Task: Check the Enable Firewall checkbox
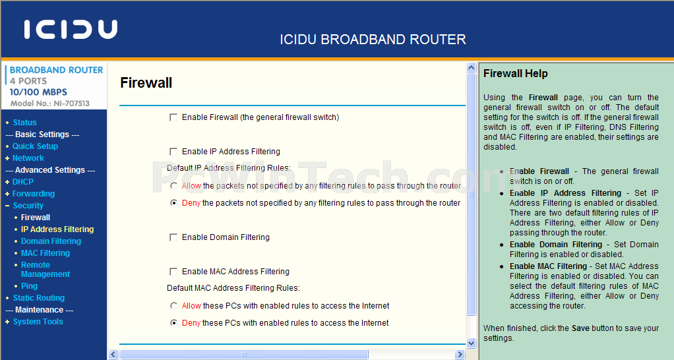click(x=173, y=117)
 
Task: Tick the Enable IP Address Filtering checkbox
click(x=173, y=152)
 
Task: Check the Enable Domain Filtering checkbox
click(x=173, y=237)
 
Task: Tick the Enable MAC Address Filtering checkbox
click(x=173, y=272)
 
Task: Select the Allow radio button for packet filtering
click(x=173, y=185)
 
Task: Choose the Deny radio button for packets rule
click(x=173, y=203)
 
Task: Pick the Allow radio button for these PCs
click(x=173, y=306)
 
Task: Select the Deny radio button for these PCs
click(x=173, y=322)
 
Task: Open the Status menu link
click(x=24, y=123)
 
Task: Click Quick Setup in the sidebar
click(x=35, y=146)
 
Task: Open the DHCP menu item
click(x=23, y=182)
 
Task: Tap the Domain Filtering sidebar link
click(x=51, y=241)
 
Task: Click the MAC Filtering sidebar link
click(x=46, y=253)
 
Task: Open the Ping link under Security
click(x=29, y=285)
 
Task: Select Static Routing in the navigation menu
click(x=39, y=298)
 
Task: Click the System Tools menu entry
click(x=38, y=321)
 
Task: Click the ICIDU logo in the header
click(x=71, y=29)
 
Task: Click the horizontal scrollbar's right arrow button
click(x=460, y=355)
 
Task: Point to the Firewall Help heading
click(x=515, y=73)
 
